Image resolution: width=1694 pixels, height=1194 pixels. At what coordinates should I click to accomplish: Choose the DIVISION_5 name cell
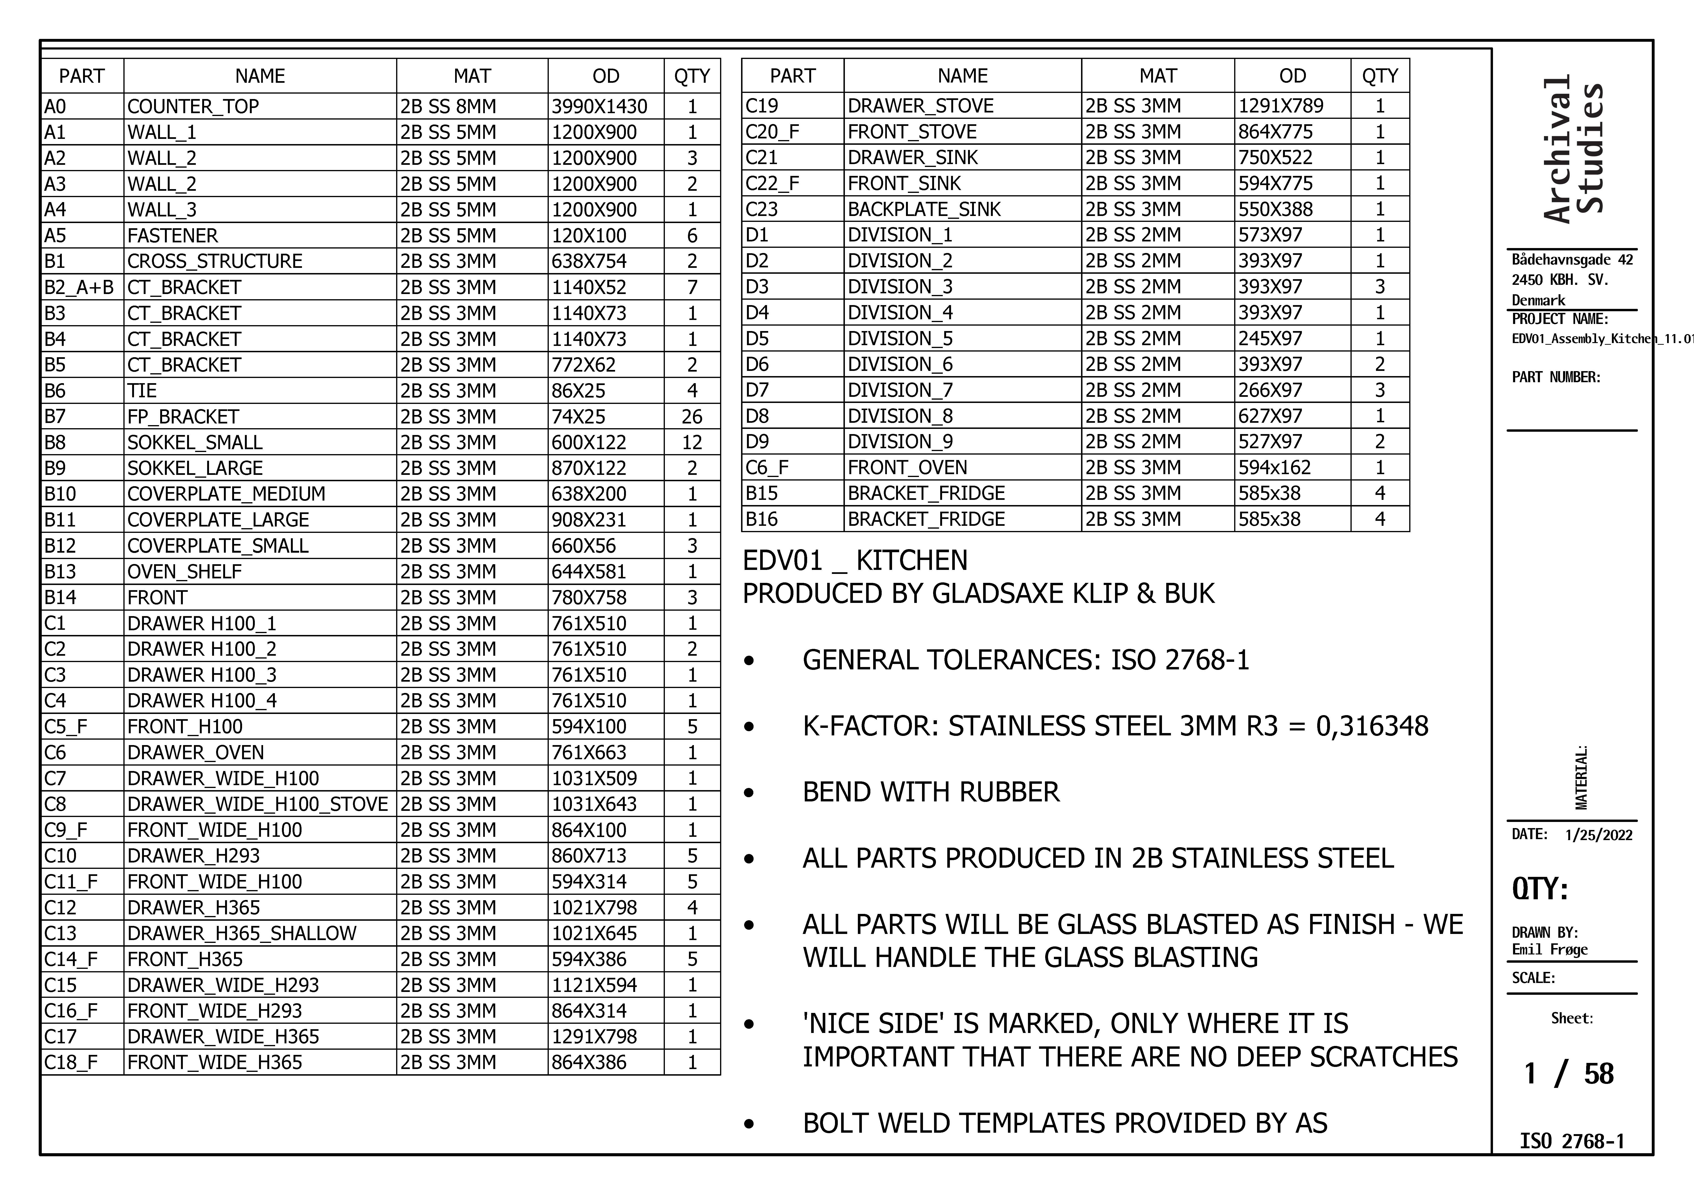[900, 339]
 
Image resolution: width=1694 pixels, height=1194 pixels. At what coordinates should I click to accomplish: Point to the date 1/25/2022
[1598, 835]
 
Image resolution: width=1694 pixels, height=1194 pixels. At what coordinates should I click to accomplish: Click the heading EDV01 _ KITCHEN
[854, 560]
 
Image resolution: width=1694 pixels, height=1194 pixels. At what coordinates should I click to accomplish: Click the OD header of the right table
[1292, 76]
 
